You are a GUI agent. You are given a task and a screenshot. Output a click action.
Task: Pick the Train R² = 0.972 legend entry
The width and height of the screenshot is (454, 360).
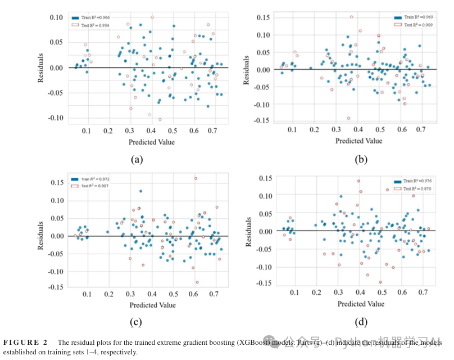(x=93, y=179)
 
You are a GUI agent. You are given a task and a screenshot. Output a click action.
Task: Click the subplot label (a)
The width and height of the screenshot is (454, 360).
(x=136, y=159)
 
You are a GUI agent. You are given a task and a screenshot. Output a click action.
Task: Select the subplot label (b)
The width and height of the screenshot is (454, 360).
(x=361, y=159)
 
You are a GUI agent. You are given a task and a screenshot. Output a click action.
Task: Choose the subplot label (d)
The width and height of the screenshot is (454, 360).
(x=361, y=322)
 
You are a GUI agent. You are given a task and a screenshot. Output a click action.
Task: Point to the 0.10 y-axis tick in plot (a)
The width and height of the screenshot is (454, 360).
(x=56, y=17)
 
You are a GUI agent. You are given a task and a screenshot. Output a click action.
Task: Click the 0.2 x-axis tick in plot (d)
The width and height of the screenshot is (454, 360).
(x=317, y=293)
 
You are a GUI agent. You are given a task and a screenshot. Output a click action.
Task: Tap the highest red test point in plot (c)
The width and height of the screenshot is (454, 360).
(x=196, y=178)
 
